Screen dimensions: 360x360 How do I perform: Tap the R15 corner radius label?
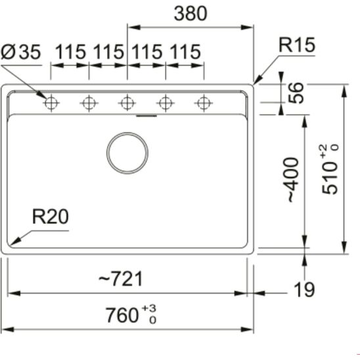tap(296, 45)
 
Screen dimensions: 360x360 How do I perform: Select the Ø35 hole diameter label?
tap(21, 53)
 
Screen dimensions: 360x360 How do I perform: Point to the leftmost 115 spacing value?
tap(71, 53)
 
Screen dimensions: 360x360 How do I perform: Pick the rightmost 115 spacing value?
tap(185, 53)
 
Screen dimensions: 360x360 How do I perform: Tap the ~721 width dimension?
tap(120, 279)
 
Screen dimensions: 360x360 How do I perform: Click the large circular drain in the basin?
tap(127, 152)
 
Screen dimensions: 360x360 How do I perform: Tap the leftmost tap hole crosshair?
tap(50, 102)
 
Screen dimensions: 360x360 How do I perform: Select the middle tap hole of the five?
tap(127, 102)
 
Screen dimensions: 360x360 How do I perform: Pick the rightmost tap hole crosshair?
tap(204, 102)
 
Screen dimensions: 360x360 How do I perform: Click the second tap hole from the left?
tap(88, 102)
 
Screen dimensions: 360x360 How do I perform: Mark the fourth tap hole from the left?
tap(166, 102)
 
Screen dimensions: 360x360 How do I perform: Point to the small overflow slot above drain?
tap(146, 116)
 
